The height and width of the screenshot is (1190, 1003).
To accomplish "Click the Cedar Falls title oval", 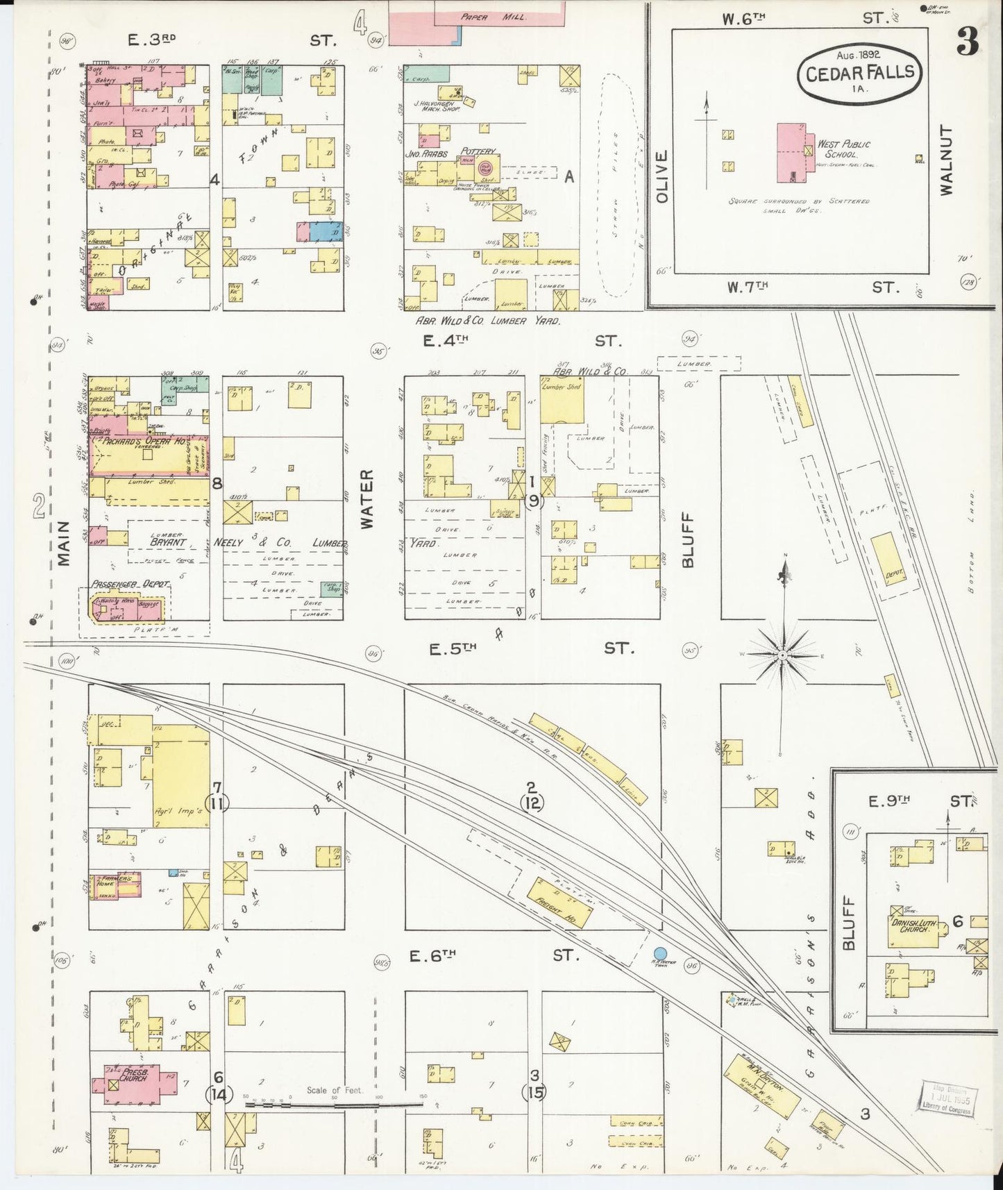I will coord(859,72).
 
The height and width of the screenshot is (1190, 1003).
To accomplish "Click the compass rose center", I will coord(783,654).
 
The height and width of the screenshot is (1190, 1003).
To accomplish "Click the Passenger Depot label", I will coord(130,585).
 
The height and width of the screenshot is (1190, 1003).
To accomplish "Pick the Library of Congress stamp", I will coord(949,1099).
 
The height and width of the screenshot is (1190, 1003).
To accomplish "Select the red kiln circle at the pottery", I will coord(487,167).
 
